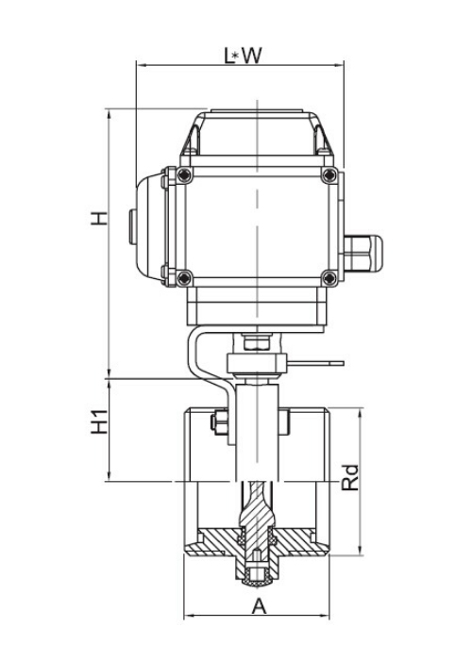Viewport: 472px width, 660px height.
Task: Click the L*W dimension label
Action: pos(243,55)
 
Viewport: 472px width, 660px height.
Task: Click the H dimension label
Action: pos(99,218)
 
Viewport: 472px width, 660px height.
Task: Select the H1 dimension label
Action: pos(100,421)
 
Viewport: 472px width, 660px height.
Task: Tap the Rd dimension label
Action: pos(350,478)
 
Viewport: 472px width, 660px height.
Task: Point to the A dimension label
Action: pos(260,606)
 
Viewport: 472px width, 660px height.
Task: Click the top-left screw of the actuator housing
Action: pos(184,175)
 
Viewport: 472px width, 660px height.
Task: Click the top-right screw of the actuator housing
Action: pos(329,175)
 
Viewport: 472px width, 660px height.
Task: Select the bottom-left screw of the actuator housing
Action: pos(184,278)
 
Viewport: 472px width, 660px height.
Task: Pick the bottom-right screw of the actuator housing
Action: pos(329,278)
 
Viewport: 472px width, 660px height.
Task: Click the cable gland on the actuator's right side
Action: pos(363,254)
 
